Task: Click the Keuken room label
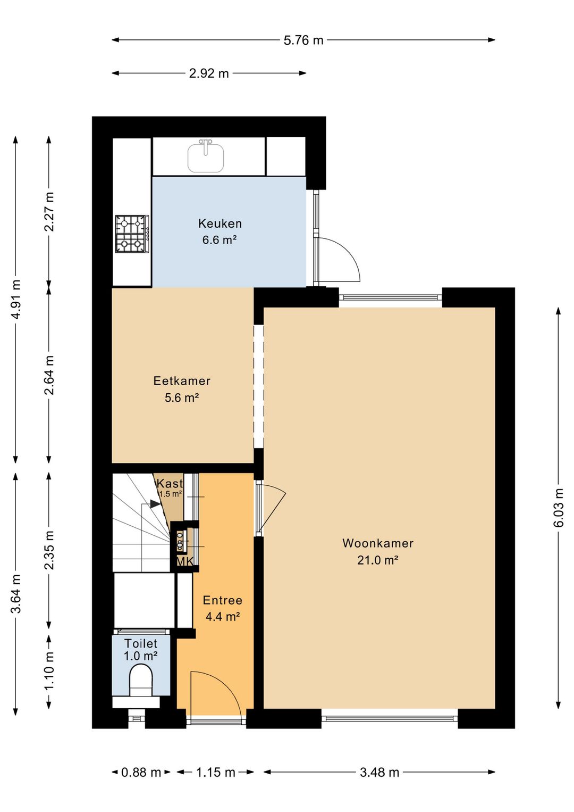click(x=220, y=223)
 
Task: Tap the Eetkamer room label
click(x=182, y=380)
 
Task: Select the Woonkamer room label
click(x=378, y=543)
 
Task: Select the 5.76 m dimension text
click(x=303, y=40)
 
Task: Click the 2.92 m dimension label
click(x=209, y=73)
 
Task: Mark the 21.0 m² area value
click(x=378, y=560)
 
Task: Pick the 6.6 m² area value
click(x=220, y=240)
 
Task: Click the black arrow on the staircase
click(x=156, y=504)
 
